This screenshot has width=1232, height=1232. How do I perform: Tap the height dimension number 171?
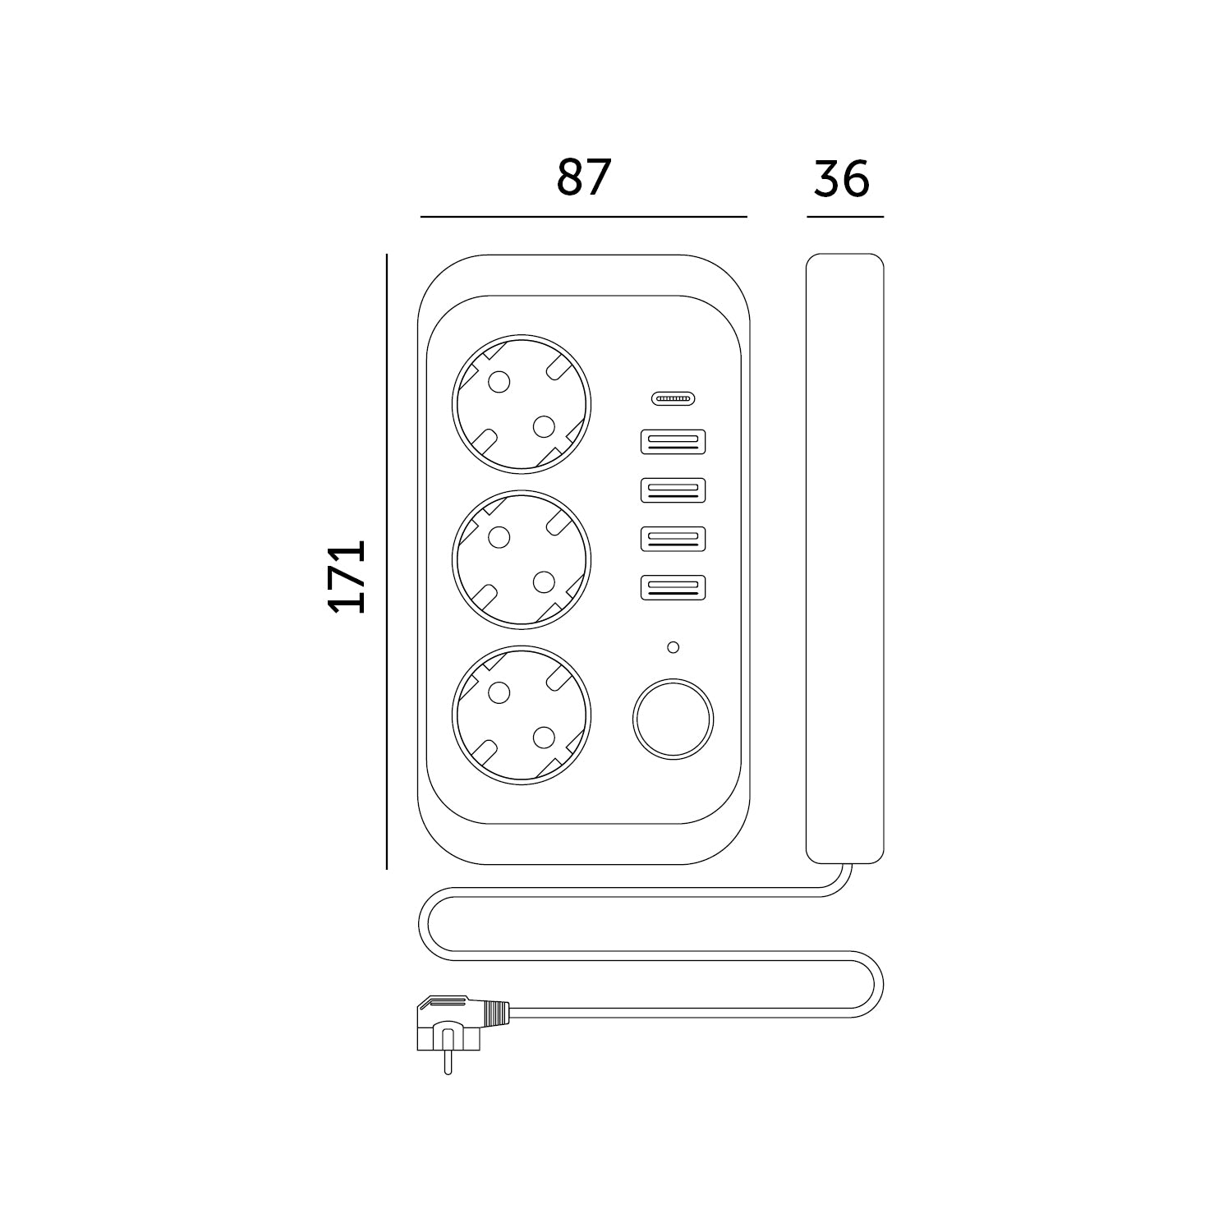(x=346, y=577)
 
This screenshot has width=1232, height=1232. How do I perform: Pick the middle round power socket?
(x=521, y=559)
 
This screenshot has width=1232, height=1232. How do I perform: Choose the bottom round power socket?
(x=521, y=715)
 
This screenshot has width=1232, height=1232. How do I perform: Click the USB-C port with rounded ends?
(x=673, y=399)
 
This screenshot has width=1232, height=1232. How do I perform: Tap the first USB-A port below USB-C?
(x=673, y=442)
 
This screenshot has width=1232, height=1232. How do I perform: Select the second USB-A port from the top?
(x=673, y=490)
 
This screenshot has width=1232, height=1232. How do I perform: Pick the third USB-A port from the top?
(x=673, y=538)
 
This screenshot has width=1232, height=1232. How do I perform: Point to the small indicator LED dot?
(x=673, y=647)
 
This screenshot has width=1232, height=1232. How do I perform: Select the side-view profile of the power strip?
(x=844, y=559)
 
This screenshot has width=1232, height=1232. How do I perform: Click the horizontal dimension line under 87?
(x=583, y=217)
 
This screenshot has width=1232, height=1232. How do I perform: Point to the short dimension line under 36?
(x=844, y=217)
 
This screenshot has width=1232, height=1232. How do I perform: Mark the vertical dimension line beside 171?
(x=386, y=561)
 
